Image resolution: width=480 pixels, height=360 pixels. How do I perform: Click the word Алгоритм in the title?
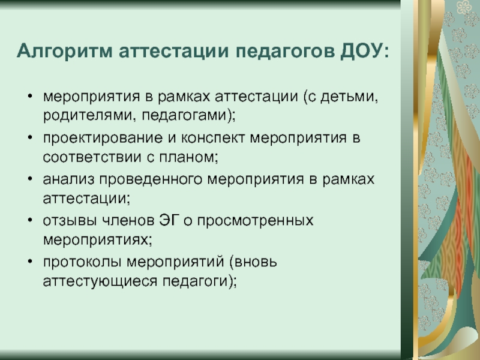click(64, 50)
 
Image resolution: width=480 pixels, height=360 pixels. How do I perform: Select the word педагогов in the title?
click(286, 52)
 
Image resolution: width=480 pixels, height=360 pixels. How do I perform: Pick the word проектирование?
click(103, 139)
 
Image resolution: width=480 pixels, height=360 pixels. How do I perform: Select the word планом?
click(188, 157)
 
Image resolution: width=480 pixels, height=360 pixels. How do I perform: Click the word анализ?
click(68, 179)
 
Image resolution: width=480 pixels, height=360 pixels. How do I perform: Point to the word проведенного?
click(151, 179)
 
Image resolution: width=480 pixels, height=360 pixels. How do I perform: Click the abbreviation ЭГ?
click(169, 220)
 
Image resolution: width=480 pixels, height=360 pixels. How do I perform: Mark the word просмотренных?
click(256, 221)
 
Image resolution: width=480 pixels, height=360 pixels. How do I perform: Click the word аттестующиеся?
click(100, 281)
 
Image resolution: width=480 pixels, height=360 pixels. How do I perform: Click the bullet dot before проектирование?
click(29, 137)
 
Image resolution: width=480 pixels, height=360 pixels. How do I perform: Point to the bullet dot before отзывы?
click(29, 220)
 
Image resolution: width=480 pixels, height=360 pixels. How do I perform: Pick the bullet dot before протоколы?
click(29, 262)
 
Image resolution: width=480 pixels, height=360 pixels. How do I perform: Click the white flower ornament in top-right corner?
click(464, 7)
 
